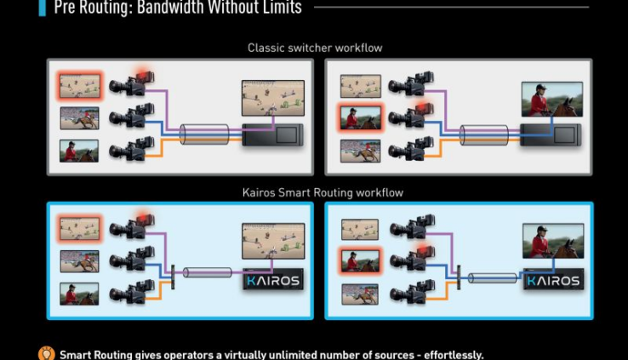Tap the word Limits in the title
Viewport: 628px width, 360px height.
[278, 9]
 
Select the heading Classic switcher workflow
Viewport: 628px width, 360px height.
[314, 48]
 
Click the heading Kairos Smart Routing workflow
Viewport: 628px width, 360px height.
[323, 193]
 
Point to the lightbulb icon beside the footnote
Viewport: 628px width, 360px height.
[48, 353]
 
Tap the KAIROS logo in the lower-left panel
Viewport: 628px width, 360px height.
[273, 280]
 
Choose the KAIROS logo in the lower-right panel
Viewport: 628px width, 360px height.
[552, 280]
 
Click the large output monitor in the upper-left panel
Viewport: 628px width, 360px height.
[272, 97]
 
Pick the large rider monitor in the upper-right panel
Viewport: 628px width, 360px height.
[551, 97]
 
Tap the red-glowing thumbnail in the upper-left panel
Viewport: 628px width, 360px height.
[79, 84]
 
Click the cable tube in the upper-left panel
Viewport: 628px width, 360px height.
[205, 134]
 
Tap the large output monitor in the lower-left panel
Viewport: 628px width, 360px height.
[272, 241]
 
